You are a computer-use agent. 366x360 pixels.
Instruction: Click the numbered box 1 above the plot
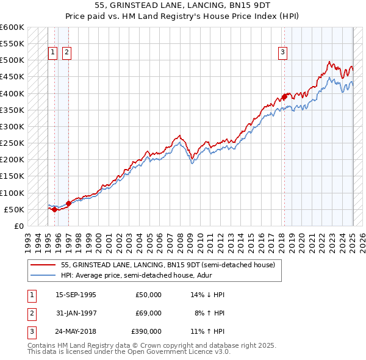53,53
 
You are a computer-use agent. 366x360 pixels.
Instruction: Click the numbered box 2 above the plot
66,53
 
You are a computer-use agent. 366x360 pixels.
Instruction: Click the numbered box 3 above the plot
283,53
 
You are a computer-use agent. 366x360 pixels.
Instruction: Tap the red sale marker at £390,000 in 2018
284,96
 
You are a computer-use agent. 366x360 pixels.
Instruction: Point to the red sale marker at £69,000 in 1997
68,203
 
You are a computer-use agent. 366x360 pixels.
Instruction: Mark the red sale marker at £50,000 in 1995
54,209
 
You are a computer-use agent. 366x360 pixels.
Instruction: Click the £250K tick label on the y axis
12,143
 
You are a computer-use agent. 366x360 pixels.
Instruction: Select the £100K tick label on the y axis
12,193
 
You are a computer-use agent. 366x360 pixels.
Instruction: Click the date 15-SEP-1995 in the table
76,295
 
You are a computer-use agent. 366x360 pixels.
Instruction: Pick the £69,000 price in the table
148,313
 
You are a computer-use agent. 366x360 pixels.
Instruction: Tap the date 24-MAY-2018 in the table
76,331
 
